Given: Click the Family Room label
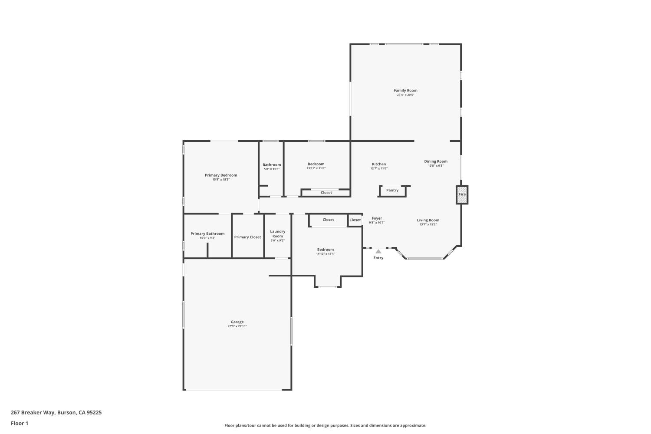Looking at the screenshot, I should [x=405, y=91].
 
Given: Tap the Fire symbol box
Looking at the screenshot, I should [x=462, y=195].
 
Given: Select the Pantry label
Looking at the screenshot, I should [x=392, y=191].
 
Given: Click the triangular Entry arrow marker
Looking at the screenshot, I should [x=378, y=251].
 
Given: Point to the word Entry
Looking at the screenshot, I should [x=378, y=258].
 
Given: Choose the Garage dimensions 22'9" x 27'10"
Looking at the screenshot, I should [x=237, y=326].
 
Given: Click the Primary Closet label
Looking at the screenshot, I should [x=247, y=237].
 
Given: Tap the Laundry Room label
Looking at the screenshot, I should [x=278, y=234].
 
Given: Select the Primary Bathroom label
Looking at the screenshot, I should [x=207, y=234].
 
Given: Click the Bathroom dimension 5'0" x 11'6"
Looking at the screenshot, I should [x=272, y=169].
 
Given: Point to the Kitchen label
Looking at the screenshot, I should [x=379, y=164].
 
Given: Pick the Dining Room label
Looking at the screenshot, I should [x=436, y=161].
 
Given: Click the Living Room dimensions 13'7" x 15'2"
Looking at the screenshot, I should [x=428, y=224].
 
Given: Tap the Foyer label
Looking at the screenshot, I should [x=377, y=218].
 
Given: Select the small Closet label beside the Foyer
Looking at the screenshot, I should [x=355, y=220].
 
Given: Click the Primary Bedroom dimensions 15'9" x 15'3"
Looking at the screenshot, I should [x=221, y=179].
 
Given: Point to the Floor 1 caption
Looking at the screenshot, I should [x=20, y=423].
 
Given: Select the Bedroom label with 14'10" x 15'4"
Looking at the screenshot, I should [x=325, y=250].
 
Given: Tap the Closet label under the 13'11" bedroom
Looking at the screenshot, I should [x=326, y=193].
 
